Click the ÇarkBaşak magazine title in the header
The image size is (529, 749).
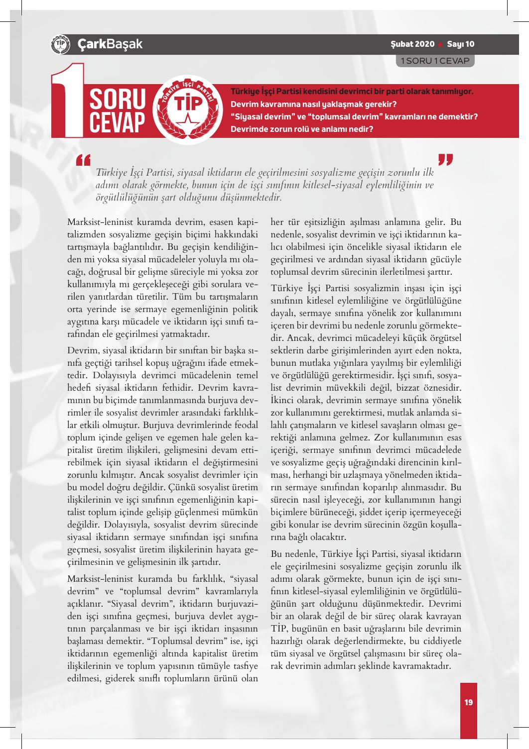click(x=110, y=44)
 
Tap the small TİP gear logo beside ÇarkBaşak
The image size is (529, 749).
click(x=59, y=44)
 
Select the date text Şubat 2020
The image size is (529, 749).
click(x=412, y=44)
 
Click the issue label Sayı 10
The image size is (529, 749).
click(x=461, y=44)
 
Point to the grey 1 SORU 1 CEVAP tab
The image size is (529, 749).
click(x=435, y=60)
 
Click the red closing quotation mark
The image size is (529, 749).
click(x=445, y=160)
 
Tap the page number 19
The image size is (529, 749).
click(x=468, y=702)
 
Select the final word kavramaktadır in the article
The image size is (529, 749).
click(x=423, y=665)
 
